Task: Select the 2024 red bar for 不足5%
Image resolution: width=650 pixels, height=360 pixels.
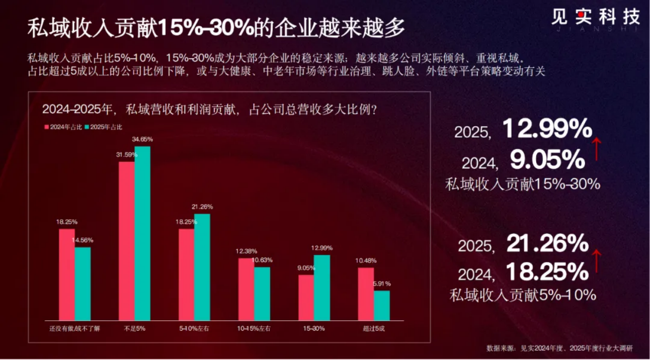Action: point(126,241)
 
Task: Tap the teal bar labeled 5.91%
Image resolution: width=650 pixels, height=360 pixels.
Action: point(382,305)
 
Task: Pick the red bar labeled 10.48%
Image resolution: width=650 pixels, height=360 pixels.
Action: point(366,294)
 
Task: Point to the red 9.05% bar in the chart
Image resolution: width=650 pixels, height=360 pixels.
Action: point(306,297)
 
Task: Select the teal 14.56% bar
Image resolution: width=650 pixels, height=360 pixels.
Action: point(83,284)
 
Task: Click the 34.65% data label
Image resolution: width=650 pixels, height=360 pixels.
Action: point(142,139)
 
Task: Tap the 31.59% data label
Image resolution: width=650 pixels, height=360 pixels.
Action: point(126,154)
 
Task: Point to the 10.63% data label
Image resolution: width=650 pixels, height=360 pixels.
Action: point(262,260)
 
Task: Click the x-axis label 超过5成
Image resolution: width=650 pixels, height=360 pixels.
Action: point(374,329)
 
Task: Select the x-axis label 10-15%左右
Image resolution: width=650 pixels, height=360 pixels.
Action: point(254,329)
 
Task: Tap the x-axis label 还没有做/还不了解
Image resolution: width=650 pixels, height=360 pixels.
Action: point(75,329)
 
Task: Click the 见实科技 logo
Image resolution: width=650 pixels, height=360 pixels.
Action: point(595,18)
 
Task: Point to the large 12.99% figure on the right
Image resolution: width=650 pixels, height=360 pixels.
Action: point(547,130)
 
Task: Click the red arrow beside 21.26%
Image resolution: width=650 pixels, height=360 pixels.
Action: point(597,261)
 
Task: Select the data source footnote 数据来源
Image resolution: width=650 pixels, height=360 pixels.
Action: point(559,348)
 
